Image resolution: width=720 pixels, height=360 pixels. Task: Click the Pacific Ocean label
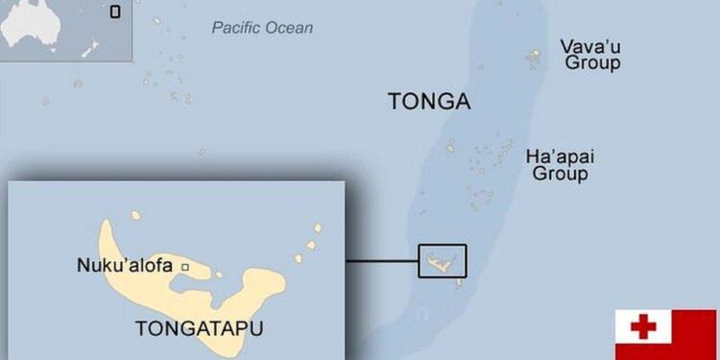262,28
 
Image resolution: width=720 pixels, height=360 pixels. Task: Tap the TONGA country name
429,102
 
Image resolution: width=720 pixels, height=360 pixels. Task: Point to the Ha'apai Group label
560,165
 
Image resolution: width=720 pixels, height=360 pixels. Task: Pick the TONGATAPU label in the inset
199,328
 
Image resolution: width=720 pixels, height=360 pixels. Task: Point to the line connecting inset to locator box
381,260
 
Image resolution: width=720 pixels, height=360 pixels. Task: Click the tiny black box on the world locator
115,12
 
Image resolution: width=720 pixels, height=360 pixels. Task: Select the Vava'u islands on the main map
534,60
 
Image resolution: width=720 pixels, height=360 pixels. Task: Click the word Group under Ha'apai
560,174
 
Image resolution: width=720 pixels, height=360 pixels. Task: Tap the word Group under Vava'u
591,63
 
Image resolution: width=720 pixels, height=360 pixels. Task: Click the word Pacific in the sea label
235,28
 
